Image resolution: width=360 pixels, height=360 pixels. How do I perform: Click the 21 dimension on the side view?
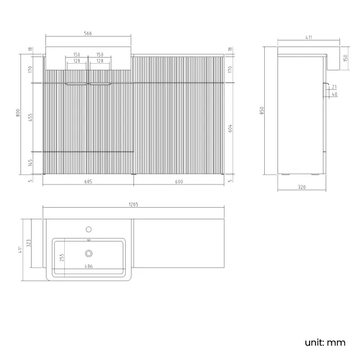click(334, 87)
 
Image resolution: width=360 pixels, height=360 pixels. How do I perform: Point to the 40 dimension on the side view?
click(334, 95)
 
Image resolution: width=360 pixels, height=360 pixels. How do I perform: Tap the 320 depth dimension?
click(302, 187)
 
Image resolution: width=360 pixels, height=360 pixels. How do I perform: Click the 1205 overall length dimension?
click(133, 204)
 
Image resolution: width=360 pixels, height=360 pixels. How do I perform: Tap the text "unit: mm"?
click(325, 342)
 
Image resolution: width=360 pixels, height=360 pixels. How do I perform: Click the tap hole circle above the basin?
click(89, 229)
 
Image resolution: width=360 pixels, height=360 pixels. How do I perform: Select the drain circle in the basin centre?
click(89, 254)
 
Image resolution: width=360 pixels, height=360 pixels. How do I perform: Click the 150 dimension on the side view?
click(345, 58)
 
